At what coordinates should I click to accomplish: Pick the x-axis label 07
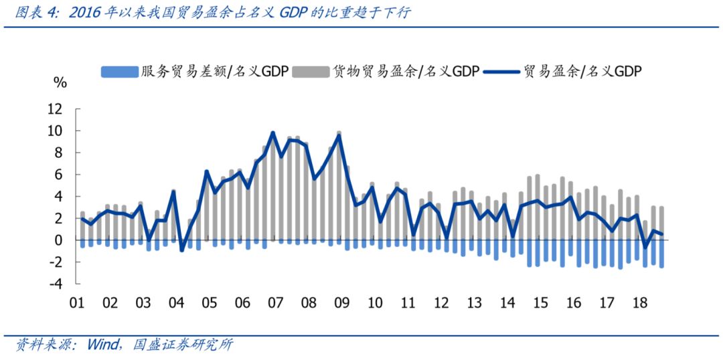click(275, 302)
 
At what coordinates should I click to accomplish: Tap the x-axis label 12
click(441, 302)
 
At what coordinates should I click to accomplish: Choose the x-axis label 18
click(640, 302)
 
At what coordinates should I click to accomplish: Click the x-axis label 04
click(176, 302)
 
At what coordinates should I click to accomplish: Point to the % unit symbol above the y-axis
click(60, 83)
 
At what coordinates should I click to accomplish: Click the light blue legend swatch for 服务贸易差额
click(118, 72)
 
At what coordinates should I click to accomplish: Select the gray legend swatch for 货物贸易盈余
click(311, 72)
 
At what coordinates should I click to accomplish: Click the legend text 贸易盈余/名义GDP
click(582, 72)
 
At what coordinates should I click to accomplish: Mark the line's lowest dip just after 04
click(181, 250)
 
